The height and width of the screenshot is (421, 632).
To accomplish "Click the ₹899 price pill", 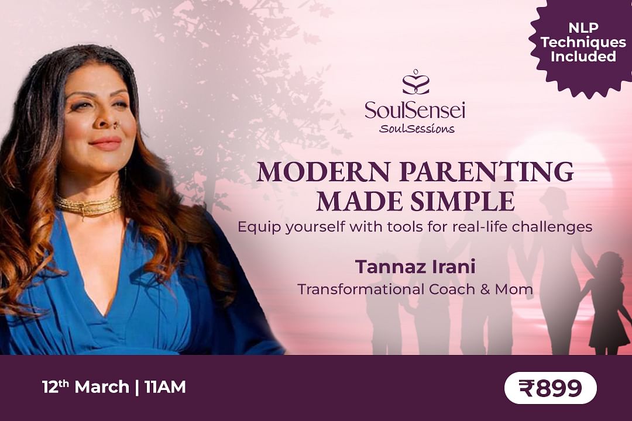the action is (550, 388).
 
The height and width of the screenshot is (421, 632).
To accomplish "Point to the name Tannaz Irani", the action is (415, 267).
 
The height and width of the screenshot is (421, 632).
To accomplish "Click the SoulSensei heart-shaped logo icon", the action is (415, 82).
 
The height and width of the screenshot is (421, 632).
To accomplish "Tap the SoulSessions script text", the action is (417, 129).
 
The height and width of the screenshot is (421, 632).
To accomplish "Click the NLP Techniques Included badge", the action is (583, 43).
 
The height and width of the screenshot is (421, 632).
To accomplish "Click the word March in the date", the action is (102, 387).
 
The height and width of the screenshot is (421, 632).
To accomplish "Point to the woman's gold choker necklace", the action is (88, 205).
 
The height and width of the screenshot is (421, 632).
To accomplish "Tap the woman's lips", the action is (105, 143).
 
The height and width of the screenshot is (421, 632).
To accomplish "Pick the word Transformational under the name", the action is (360, 289).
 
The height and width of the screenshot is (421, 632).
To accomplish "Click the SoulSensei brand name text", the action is (415, 110).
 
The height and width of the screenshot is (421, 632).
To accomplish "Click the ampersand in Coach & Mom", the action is (485, 289).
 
